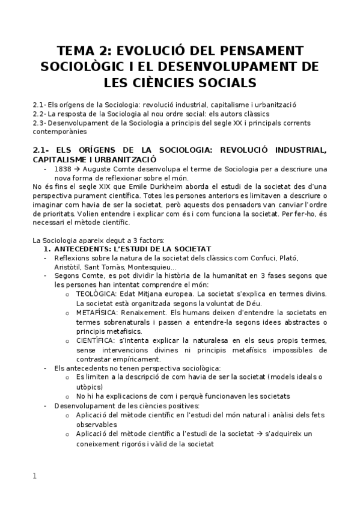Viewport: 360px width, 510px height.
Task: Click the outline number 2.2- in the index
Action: point(39,113)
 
